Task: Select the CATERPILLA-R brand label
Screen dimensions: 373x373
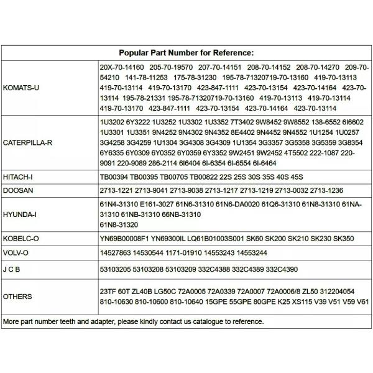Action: [x=27, y=142]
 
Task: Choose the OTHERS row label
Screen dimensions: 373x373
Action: [x=17, y=297]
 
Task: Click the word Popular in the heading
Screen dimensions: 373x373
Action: [x=135, y=53]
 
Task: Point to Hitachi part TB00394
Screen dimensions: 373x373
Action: [x=116, y=177]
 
